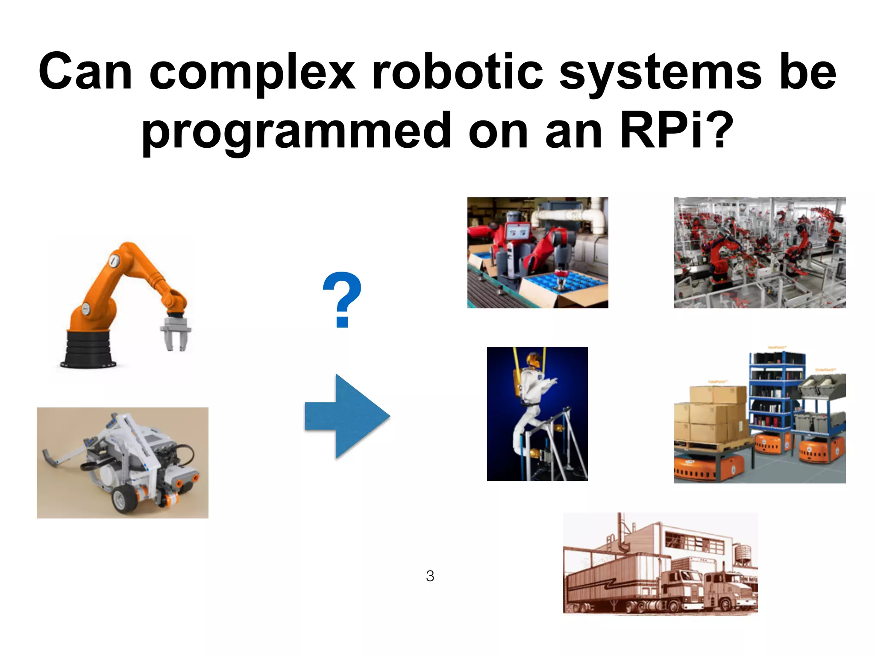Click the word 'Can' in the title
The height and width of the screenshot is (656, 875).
point(85,71)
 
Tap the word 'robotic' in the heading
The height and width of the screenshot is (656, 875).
point(458,71)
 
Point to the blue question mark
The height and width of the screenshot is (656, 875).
point(342,299)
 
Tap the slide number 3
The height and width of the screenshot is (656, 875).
point(430,576)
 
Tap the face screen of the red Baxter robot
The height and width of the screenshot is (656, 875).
point(517,232)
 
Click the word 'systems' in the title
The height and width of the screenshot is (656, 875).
point(661,71)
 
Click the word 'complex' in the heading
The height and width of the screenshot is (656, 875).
point(252,71)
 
